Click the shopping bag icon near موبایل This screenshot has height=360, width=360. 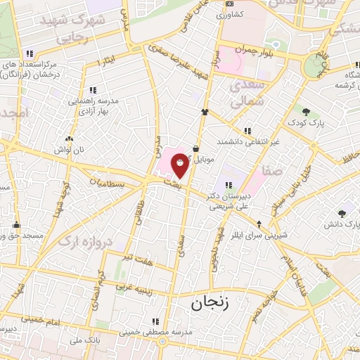[195, 148]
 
